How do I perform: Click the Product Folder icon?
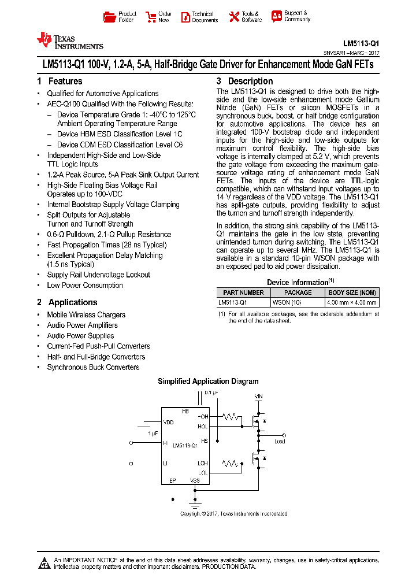[109, 17]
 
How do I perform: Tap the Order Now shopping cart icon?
[151, 17]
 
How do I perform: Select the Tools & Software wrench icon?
[234, 17]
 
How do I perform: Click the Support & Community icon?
[277, 16]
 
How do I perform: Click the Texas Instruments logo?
[69, 40]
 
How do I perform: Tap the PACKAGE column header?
[298, 292]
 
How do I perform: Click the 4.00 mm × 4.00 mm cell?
[352, 302]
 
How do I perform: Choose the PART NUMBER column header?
[243, 292]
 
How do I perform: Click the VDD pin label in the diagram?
[168, 423]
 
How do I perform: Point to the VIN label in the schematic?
[258, 397]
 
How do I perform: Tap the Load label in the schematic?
[280, 442]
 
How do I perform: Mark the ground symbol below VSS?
[195, 503]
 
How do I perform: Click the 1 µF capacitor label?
[153, 433]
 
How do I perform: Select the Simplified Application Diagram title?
[208, 382]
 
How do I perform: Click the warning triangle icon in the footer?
[44, 563]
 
